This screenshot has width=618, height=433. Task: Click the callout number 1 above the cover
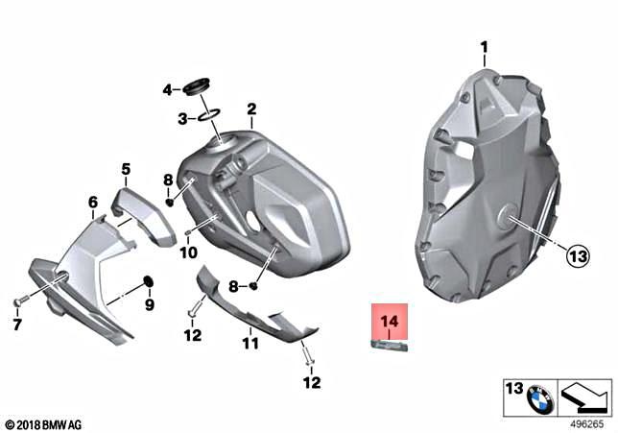pos(484,47)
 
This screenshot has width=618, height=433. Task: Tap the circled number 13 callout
pos(579,256)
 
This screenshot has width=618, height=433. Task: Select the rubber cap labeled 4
pos(199,88)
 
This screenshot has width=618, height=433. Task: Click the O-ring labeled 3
pos(208,115)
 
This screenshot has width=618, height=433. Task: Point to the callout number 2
pos(251,108)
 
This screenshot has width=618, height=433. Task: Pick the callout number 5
pos(126,169)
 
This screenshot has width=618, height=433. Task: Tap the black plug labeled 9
pos(148,281)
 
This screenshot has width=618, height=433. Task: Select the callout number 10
pos(188,253)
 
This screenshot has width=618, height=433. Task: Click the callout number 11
pos(250,343)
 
